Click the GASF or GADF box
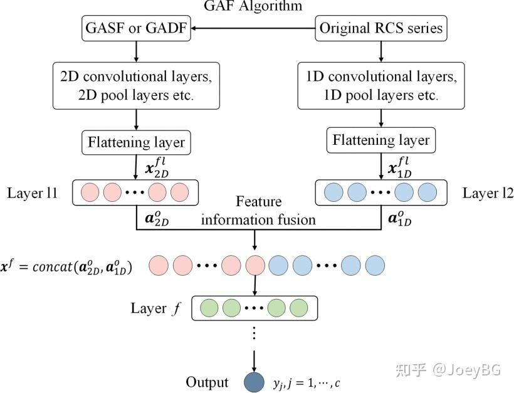pos(136,28)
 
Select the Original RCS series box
pos(381,28)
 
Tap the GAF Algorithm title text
pos(253,6)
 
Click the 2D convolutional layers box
pos(136,86)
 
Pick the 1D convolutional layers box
pos(381,86)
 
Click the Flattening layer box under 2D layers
pos(136,142)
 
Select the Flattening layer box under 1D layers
pos(381,140)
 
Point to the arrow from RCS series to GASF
pos(253,28)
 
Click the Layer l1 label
pos(32,192)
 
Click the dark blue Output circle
pos(254,382)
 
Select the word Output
pos(207,382)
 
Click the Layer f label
pos(155,308)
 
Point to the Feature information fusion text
pos(258,211)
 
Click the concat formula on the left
pos(66,267)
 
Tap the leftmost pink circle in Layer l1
pos(90,192)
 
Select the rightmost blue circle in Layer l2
pos(427,192)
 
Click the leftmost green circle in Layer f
pos(209,308)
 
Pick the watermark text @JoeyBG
pos(467,370)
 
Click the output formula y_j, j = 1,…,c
pos(306,383)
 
